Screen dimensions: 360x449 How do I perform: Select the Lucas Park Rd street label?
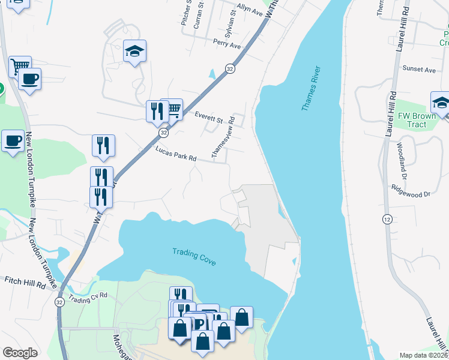(176, 154)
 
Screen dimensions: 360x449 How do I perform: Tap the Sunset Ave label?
(419, 70)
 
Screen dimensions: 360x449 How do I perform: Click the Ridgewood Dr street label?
(411, 194)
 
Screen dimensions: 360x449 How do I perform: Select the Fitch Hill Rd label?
(25, 280)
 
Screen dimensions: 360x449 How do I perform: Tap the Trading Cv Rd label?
(88, 296)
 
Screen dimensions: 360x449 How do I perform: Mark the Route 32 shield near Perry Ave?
(230, 69)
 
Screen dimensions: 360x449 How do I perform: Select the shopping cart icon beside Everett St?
(172, 109)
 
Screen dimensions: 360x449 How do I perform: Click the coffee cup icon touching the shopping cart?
(29, 79)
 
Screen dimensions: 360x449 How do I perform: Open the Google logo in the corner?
(20, 353)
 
